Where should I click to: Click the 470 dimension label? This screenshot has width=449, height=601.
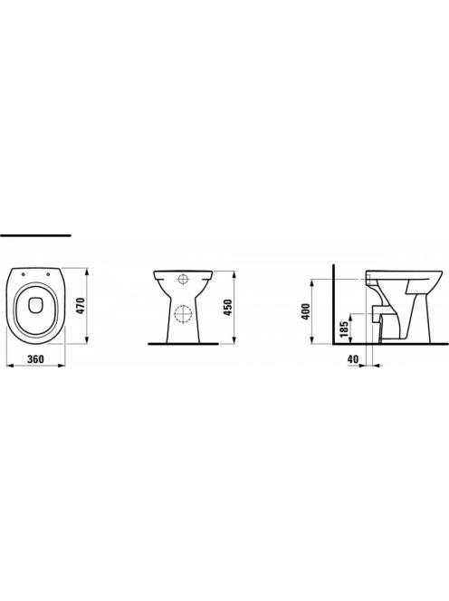pyautogui.click(x=81, y=306)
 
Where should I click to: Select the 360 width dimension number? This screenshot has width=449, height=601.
pyautogui.click(x=35, y=359)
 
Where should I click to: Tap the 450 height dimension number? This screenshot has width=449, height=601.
pyautogui.click(x=228, y=308)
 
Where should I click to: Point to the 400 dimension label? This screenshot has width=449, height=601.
pyautogui.click(x=306, y=312)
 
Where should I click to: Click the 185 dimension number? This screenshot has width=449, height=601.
pyautogui.click(x=344, y=329)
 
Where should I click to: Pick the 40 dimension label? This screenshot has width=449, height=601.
pyautogui.click(x=353, y=359)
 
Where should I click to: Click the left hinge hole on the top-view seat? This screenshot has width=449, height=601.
pyautogui.click(x=24, y=274)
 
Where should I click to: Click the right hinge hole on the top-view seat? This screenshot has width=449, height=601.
pyautogui.click(x=49, y=274)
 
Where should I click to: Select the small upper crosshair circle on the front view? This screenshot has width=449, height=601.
pyautogui.click(x=184, y=279)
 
